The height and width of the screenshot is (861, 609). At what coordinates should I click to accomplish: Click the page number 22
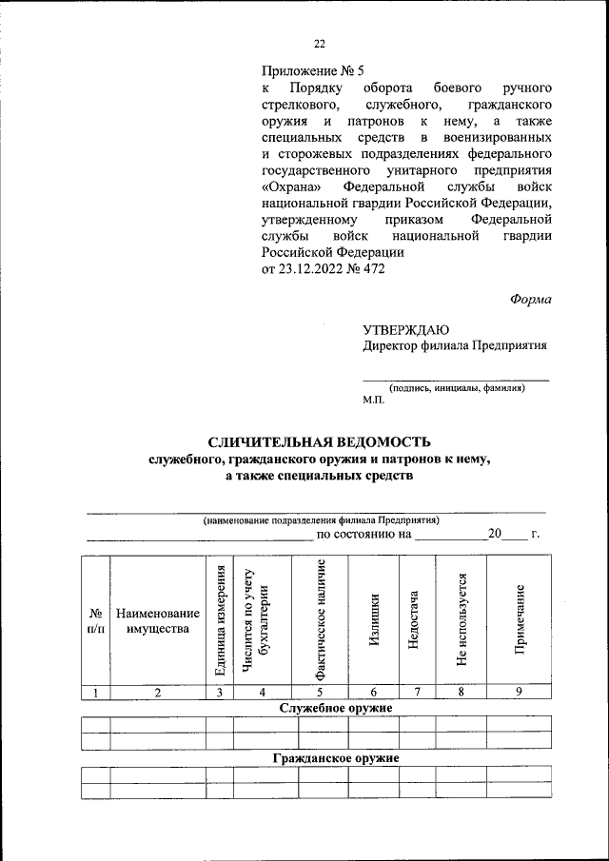[x=320, y=42]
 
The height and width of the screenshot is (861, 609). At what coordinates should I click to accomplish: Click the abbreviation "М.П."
[x=373, y=401]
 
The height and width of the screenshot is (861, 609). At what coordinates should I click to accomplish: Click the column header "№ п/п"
[x=96, y=620]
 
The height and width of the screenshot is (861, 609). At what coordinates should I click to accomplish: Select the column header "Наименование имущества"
[x=158, y=620]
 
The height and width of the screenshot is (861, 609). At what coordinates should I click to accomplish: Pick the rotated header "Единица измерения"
[x=220, y=620]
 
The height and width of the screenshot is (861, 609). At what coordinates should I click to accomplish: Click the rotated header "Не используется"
[x=462, y=620]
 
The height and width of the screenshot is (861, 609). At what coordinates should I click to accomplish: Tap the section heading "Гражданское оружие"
[x=335, y=758]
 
